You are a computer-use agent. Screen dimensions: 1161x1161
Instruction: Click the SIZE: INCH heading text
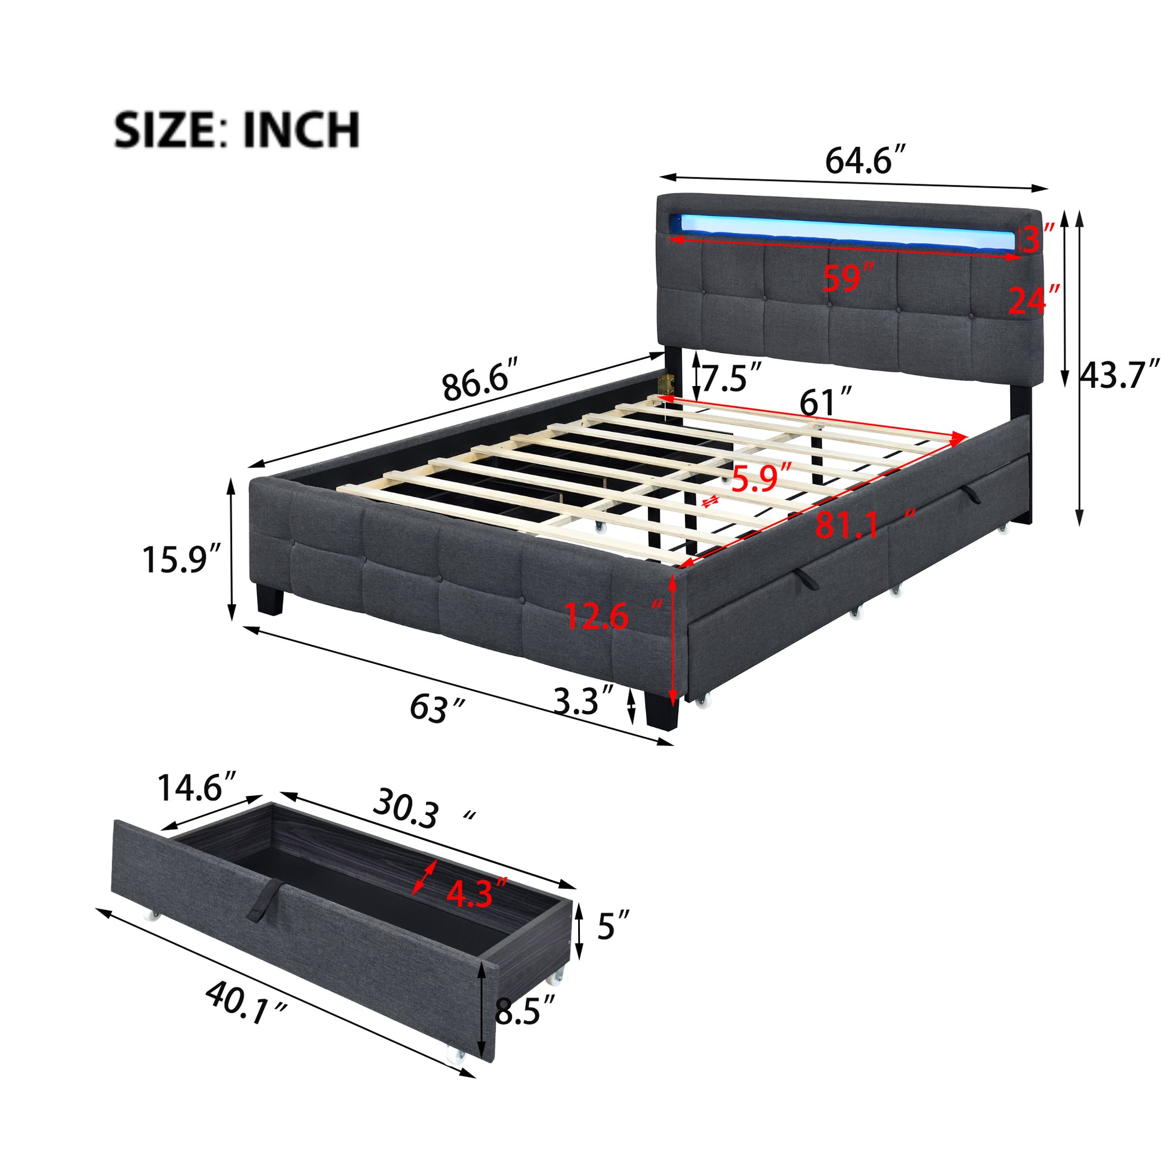pos(237,130)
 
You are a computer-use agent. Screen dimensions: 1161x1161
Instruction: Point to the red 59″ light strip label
pos(849,278)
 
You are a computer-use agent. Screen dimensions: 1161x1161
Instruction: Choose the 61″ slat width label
pos(825,402)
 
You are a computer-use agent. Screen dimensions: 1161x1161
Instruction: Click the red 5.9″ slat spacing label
pos(761,478)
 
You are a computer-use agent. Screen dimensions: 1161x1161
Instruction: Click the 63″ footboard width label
pos(437,708)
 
